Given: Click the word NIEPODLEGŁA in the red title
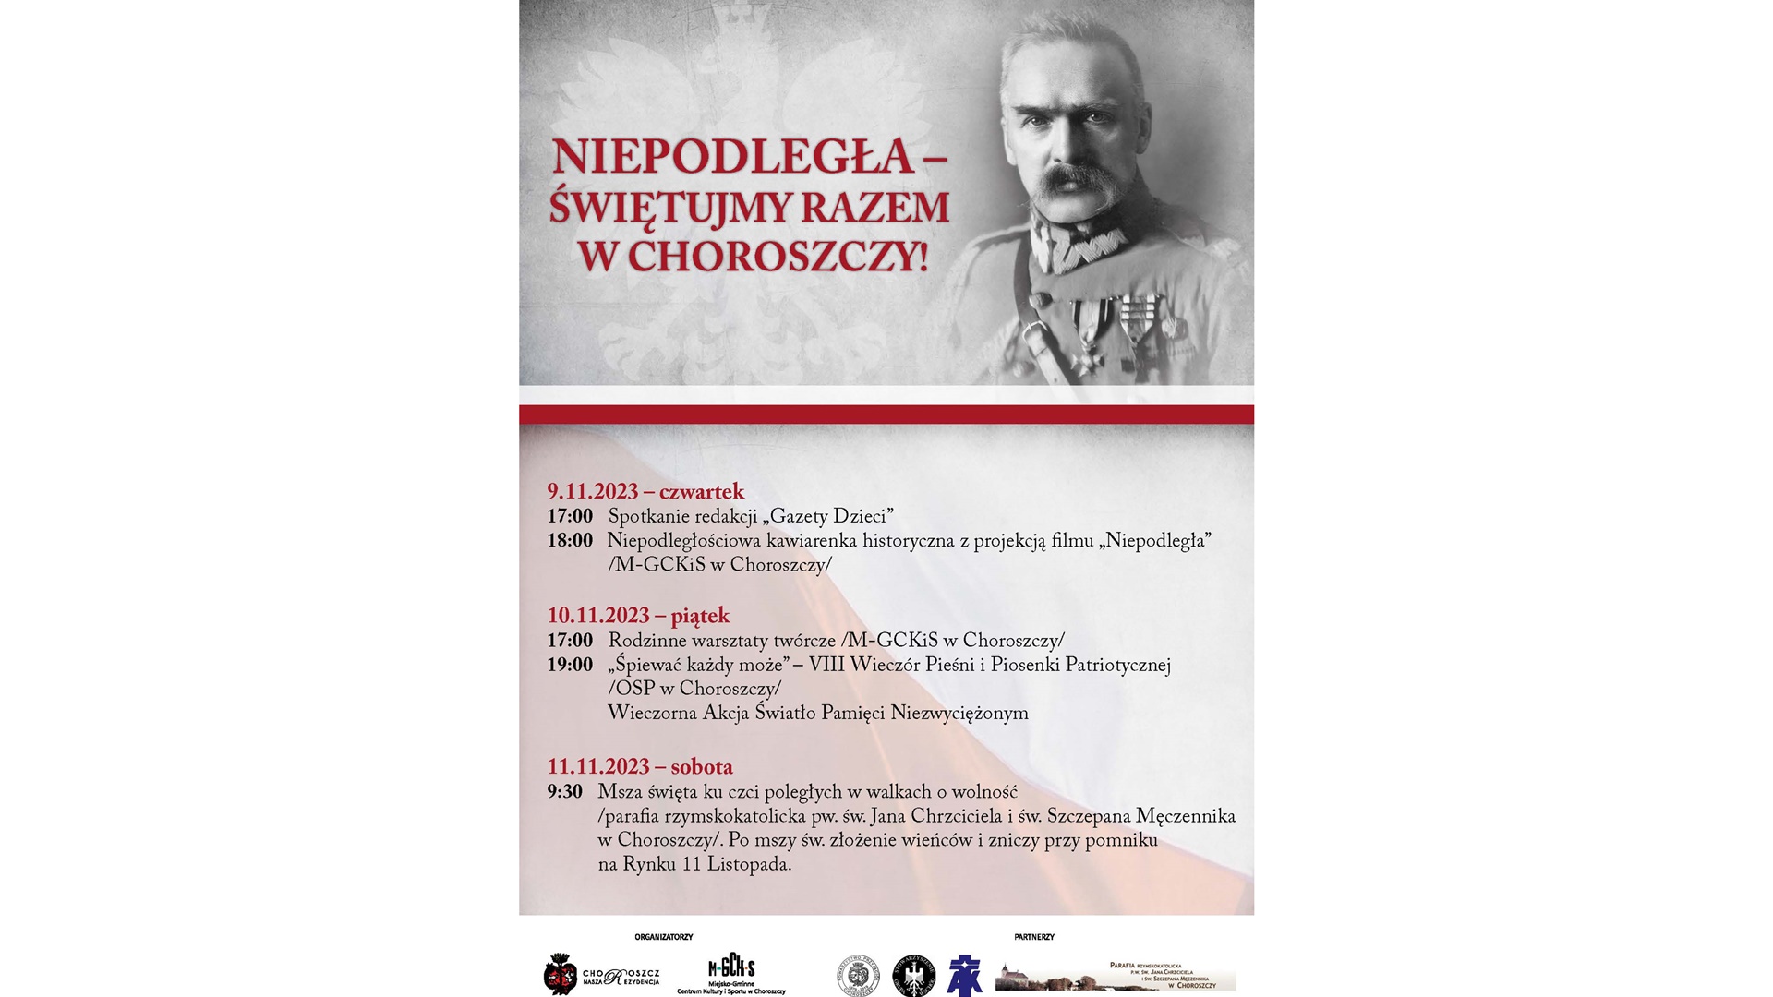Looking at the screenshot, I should pyautogui.click(x=732, y=157).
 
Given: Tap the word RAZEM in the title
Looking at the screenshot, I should pyautogui.click(x=874, y=208).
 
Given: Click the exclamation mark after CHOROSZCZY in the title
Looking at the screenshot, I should pyautogui.click(x=922, y=257).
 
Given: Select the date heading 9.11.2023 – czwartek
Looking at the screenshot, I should pyautogui.click(x=645, y=491).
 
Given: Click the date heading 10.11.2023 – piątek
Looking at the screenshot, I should pyautogui.click(x=637, y=616).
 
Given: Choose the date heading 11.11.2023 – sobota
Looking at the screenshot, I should pyautogui.click(x=639, y=767).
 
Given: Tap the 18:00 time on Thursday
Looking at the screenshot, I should pyautogui.click(x=569, y=541).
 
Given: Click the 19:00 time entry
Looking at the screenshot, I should pyautogui.click(x=569, y=665).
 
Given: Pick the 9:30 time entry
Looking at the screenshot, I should pyautogui.click(x=564, y=792).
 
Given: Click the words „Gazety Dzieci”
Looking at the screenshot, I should pyautogui.click(x=827, y=517).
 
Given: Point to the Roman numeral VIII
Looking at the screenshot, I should pyautogui.click(x=826, y=665).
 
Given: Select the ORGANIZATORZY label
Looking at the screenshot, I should pyautogui.click(x=663, y=937).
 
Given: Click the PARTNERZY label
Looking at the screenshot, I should pyautogui.click(x=1033, y=937).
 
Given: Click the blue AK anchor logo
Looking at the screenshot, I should pyautogui.click(x=965, y=976).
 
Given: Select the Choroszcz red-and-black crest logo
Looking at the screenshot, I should pyautogui.click(x=560, y=975).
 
